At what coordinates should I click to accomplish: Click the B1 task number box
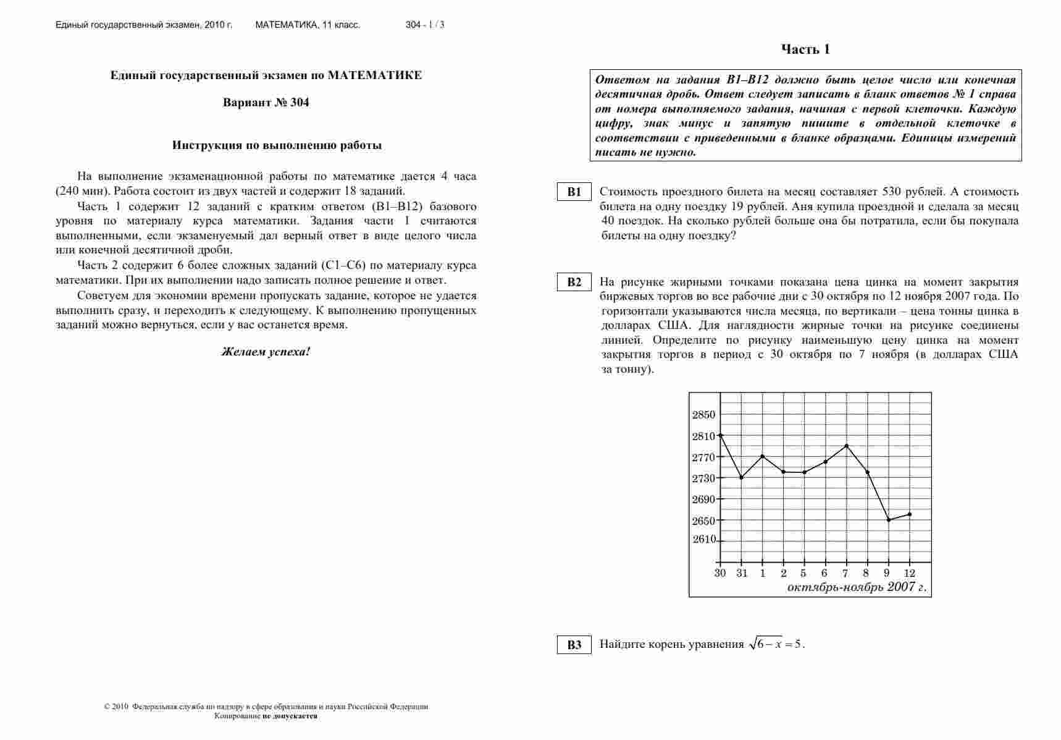[574, 192]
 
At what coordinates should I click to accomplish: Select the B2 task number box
[574, 283]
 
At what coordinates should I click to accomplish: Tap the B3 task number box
[574, 645]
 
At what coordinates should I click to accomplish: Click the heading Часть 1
[805, 49]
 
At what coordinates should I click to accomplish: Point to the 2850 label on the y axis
[703, 415]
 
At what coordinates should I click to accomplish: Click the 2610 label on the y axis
[703, 540]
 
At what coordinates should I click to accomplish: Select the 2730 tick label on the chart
[703, 478]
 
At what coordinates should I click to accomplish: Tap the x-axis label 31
[742, 573]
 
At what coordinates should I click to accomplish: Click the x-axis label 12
[909, 573]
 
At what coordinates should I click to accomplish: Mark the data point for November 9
[889, 520]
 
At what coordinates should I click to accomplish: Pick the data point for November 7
[846, 446]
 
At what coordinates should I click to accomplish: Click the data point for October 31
[742, 477]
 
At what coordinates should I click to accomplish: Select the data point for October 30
[721, 435]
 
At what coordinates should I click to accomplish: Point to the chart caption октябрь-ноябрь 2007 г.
[857, 587]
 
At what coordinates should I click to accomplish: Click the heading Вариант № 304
[266, 103]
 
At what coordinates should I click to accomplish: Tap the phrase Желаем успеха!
[266, 352]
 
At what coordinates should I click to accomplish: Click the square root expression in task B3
[766, 644]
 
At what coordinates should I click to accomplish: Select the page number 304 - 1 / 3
[425, 25]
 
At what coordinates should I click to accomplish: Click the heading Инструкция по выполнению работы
[277, 146]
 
